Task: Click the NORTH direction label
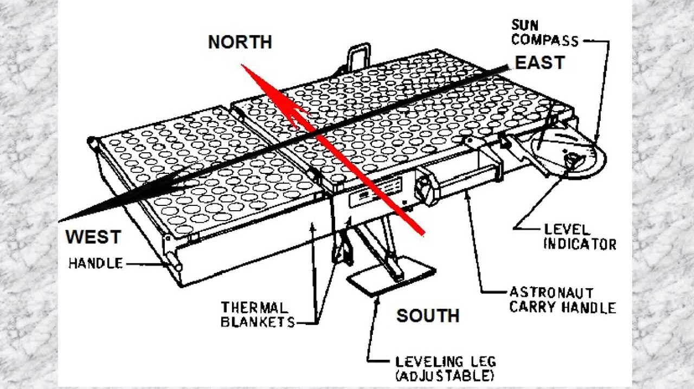240,42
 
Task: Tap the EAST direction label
539,63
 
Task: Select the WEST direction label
93,237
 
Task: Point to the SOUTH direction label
428,315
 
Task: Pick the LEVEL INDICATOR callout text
580,237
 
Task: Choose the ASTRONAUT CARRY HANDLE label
562,300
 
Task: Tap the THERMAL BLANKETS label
258,315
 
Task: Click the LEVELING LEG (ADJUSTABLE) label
445,368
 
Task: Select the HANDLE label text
95,264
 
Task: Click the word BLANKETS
258,322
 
